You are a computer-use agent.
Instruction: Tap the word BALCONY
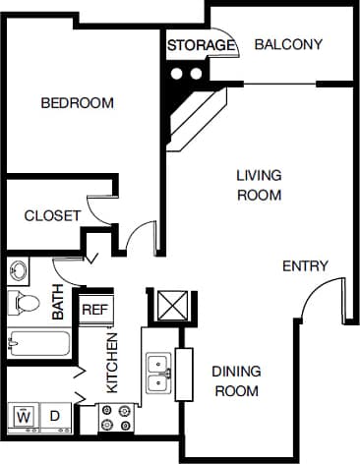[287, 44]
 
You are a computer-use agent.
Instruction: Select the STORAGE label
[201, 45]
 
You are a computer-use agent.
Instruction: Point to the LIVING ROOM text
[259, 185]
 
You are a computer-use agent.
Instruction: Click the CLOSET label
[51, 216]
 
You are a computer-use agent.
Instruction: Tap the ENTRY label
[305, 266]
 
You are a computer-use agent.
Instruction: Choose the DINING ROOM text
[236, 380]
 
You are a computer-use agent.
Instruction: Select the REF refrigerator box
[93, 309]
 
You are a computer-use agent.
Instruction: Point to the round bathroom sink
[19, 269]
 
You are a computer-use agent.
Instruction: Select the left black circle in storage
[177, 73]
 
